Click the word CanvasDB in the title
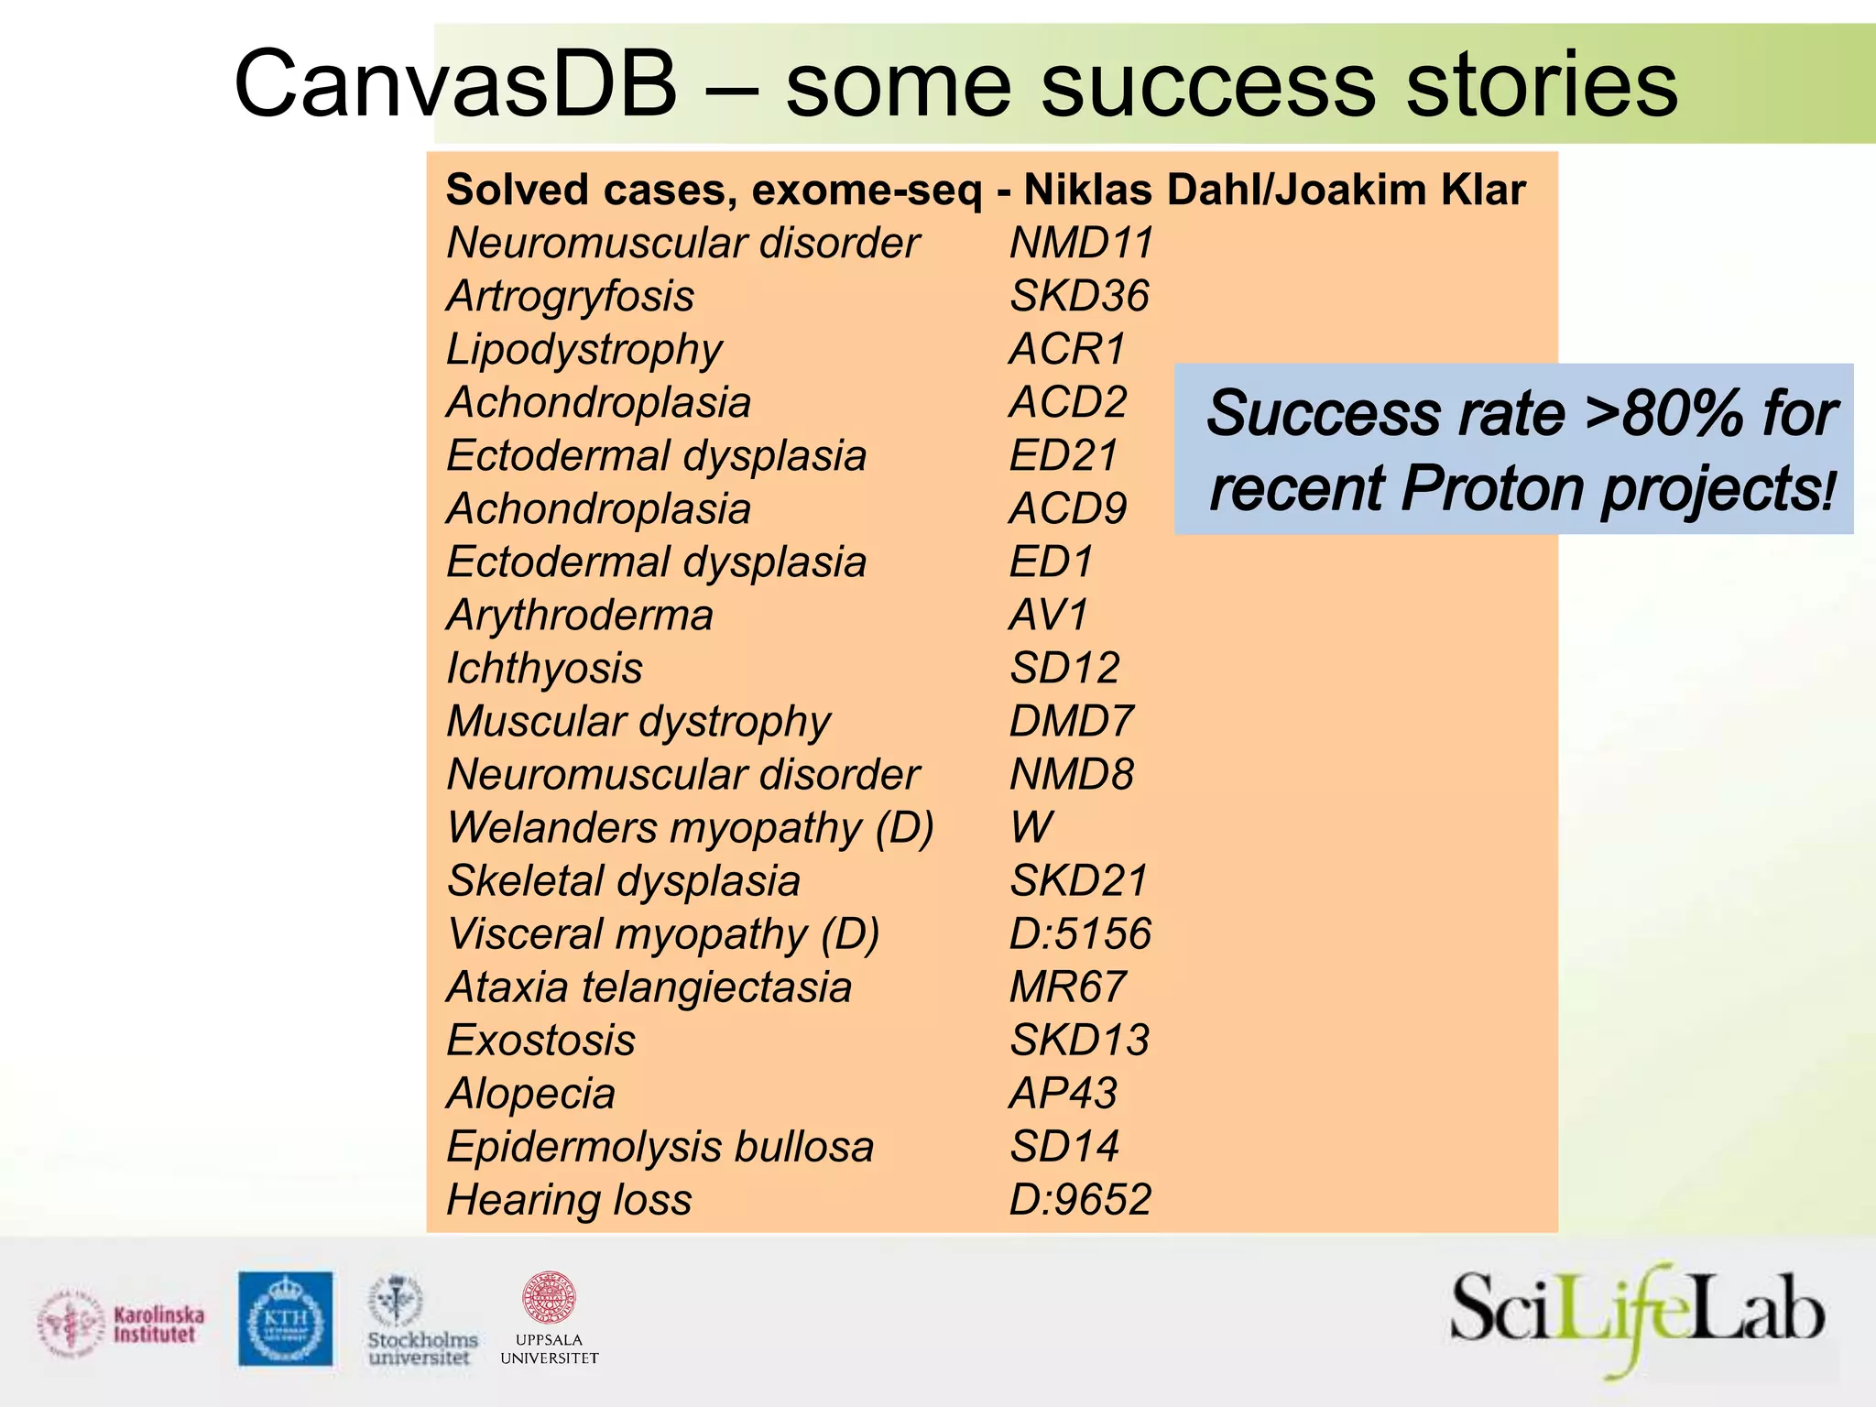click(x=455, y=84)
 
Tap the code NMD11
click(x=1081, y=244)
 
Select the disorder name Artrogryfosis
click(x=570, y=297)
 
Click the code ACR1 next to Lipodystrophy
click(x=1067, y=350)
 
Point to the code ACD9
click(x=1068, y=509)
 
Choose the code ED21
click(x=1063, y=456)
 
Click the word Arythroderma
click(x=579, y=616)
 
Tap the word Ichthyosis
click(x=544, y=669)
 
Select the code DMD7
click(x=1071, y=722)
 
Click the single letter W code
click(x=1031, y=828)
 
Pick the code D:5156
click(x=1080, y=934)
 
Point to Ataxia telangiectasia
click(x=649, y=987)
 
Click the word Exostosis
click(x=540, y=1041)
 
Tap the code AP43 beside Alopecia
click(x=1063, y=1094)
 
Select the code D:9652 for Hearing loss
click(x=1080, y=1200)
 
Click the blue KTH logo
click(x=286, y=1318)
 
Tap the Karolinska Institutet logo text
click(x=158, y=1325)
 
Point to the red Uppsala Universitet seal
click(x=548, y=1297)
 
